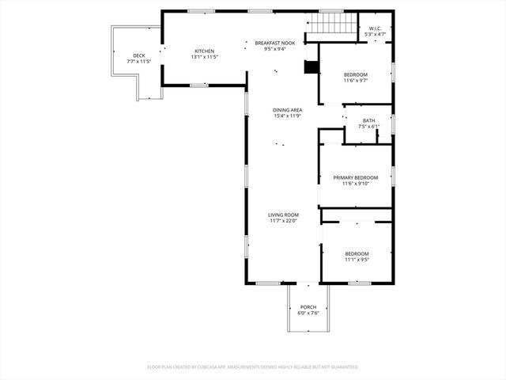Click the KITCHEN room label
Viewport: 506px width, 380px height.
[x=204, y=51]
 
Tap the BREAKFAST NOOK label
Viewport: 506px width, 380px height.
[x=275, y=43]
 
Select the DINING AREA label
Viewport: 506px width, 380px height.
[x=288, y=110]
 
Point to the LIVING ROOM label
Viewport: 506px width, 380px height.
[x=283, y=215]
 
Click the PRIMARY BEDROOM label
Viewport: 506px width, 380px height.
[x=355, y=177]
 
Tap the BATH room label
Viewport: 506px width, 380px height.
[x=369, y=120]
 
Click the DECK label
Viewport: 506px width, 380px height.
[x=139, y=55]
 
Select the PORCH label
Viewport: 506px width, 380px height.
[x=308, y=307]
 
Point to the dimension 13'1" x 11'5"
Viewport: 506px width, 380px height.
[x=204, y=57]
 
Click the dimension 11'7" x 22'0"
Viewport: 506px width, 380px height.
[x=283, y=221]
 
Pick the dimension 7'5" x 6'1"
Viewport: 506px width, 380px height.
[x=369, y=127]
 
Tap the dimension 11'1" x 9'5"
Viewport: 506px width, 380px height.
[x=357, y=260]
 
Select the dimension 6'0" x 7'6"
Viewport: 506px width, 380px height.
[x=308, y=313]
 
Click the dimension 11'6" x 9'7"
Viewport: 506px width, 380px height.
[x=355, y=81]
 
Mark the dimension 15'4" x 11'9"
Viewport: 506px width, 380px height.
[x=288, y=116]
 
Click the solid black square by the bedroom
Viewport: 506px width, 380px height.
[x=312, y=68]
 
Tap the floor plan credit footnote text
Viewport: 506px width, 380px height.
[x=253, y=367]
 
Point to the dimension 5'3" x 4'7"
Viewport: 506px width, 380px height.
[x=376, y=35]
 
